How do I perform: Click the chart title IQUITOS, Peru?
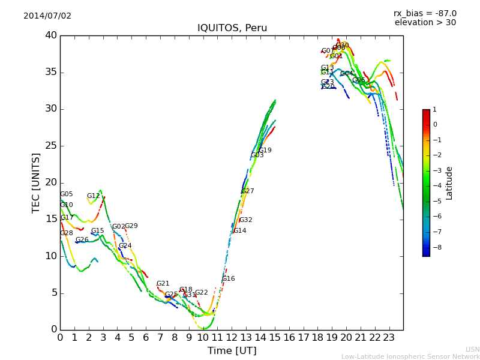pos(232,28)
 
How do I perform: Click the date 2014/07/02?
pos(47,16)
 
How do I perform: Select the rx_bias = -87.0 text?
pos(425,13)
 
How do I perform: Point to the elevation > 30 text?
pos(425,23)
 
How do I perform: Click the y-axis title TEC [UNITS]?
pos(37,182)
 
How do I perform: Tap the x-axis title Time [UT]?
pos(232,350)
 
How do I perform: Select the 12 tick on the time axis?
pos(232,337)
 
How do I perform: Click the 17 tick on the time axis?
pos(303,337)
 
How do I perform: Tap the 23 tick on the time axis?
pos(389,337)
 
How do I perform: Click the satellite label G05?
pos(66,194)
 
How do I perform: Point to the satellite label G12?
pos(93,196)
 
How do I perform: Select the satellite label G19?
pos(265,151)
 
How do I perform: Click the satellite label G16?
pos(228,279)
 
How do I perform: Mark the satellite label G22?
pos(201,293)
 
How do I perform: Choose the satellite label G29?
pos(131,226)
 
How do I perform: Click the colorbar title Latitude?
pos(449,183)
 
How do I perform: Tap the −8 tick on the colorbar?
pos(434,247)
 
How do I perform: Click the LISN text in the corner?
pos(472,349)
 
